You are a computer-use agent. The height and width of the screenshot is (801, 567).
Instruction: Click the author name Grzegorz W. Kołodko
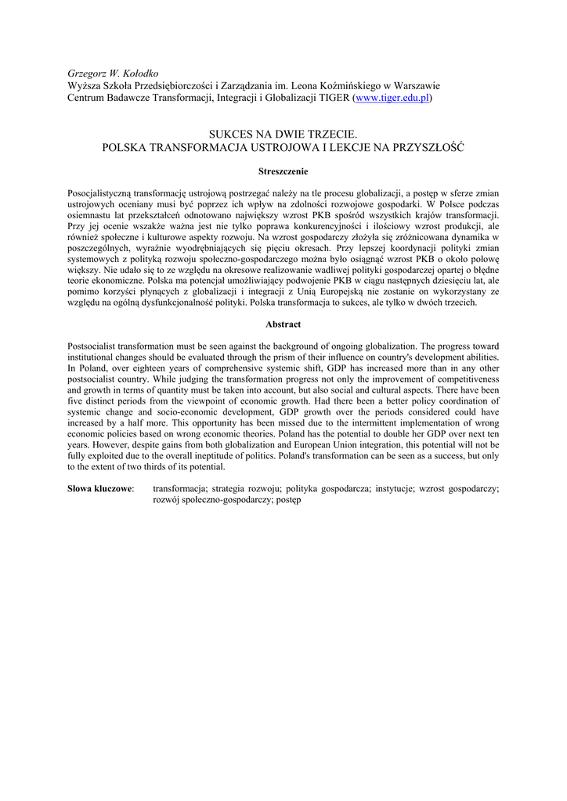(x=114, y=73)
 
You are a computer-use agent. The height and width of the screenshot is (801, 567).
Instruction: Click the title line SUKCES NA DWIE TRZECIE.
(x=283, y=135)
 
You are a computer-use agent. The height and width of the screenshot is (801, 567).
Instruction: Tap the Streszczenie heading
(x=283, y=171)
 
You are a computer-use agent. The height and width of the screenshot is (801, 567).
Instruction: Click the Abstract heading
(x=283, y=324)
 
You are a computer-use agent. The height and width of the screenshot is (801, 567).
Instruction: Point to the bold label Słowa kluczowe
(x=99, y=488)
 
